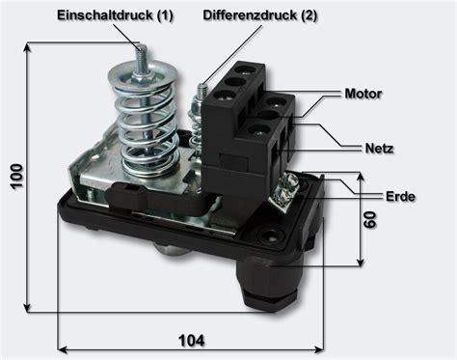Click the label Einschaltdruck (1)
pyautogui.click(x=115, y=16)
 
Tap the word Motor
pyautogui.click(x=363, y=94)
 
